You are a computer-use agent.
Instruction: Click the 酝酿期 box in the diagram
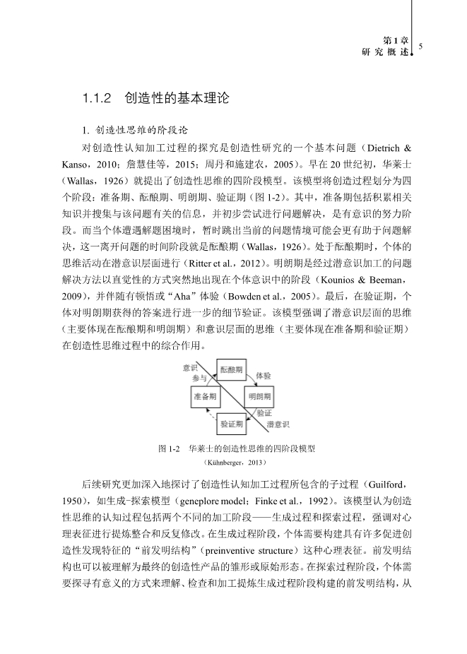pyautogui.click(x=231, y=370)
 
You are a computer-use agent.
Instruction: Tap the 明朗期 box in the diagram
pyautogui.click(x=259, y=398)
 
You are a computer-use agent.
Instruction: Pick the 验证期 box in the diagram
pyautogui.click(x=232, y=424)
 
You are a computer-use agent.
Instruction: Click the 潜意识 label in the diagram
pyautogui.click(x=278, y=425)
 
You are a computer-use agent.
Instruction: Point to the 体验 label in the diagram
pyautogui.click(x=262, y=376)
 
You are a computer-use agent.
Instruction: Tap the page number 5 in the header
pyautogui.click(x=420, y=47)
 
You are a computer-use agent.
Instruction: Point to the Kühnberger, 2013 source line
pyautogui.click(x=233, y=463)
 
